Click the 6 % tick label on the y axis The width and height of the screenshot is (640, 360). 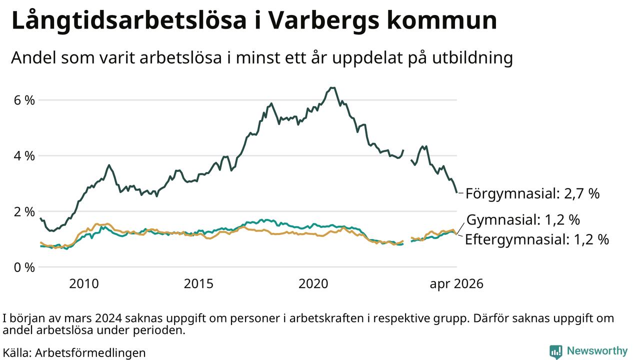(24, 100)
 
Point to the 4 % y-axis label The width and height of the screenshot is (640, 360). (24, 156)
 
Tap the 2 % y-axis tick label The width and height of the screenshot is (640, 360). (24, 211)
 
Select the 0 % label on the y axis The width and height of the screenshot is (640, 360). (24, 267)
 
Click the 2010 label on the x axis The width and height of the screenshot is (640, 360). (84, 283)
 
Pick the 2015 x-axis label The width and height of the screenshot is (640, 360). (198, 283)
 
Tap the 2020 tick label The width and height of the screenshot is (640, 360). (313, 283)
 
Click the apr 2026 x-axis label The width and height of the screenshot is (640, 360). (456, 284)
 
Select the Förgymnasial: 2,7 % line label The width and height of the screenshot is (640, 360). (532, 193)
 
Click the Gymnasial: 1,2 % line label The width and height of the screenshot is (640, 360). (523, 220)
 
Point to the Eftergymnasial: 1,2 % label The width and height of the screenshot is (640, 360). (537, 239)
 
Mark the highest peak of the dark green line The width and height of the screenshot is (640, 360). (332, 87)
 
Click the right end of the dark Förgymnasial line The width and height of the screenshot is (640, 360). (456, 192)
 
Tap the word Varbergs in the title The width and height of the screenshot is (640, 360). (325, 21)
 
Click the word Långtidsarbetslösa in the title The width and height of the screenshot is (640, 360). (129, 20)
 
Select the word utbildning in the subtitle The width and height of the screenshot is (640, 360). (472, 58)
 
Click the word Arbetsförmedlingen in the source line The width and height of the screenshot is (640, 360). (90, 353)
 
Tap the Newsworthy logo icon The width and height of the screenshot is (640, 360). (555, 351)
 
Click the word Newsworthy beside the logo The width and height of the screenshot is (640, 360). (597, 351)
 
